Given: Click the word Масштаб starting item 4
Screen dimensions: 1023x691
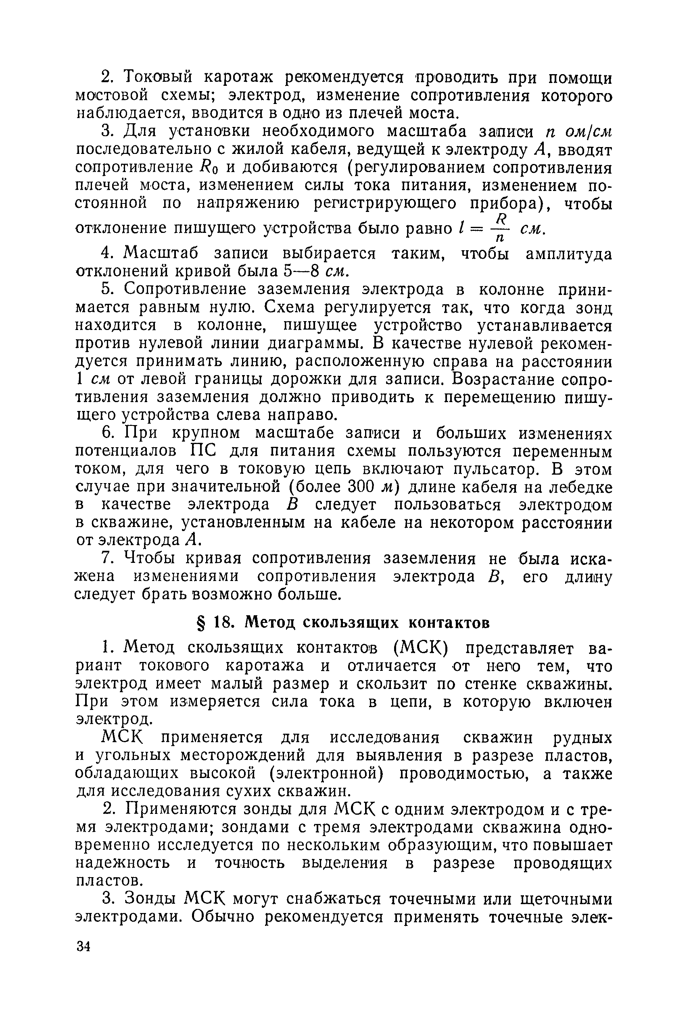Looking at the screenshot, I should tap(161, 253).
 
